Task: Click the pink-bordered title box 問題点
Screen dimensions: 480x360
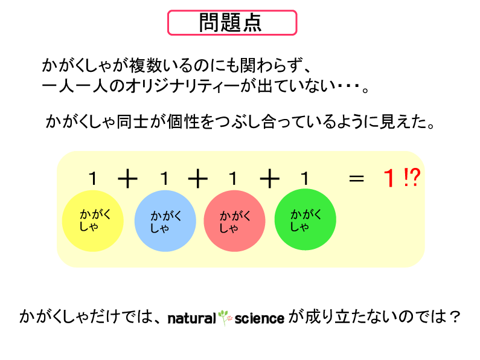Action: pos(232,23)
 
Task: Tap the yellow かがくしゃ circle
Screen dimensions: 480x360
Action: pos(93,221)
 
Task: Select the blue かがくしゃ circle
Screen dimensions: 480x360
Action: pos(165,221)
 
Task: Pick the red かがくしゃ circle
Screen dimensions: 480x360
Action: pos(234,221)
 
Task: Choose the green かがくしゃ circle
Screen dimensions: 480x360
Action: pos(305,219)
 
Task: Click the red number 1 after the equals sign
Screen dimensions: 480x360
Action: pos(389,178)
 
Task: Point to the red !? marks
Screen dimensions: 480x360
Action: pos(412,178)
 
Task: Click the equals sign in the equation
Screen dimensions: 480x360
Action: pos(356,178)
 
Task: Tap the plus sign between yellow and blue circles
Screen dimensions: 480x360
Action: pos(127,179)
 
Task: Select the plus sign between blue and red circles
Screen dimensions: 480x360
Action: pos(198,179)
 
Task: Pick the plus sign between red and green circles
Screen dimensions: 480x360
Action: pos(269,179)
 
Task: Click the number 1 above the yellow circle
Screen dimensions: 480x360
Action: pos(93,178)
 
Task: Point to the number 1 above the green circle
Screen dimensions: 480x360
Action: pos(305,178)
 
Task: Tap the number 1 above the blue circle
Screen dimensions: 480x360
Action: pos(165,178)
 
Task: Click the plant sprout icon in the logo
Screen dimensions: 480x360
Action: pos(225,318)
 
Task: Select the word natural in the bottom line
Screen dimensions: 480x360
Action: pos(192,318)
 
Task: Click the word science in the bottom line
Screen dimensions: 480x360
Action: pos(260,318)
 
